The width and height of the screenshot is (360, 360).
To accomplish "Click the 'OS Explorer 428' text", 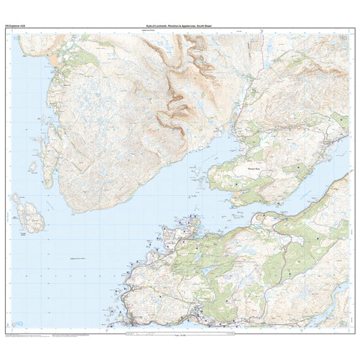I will [x=15, y=27].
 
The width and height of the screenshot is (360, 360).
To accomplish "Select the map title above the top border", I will [x=179, y=27].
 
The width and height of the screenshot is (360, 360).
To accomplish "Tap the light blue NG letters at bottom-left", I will [x=17, y=323].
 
